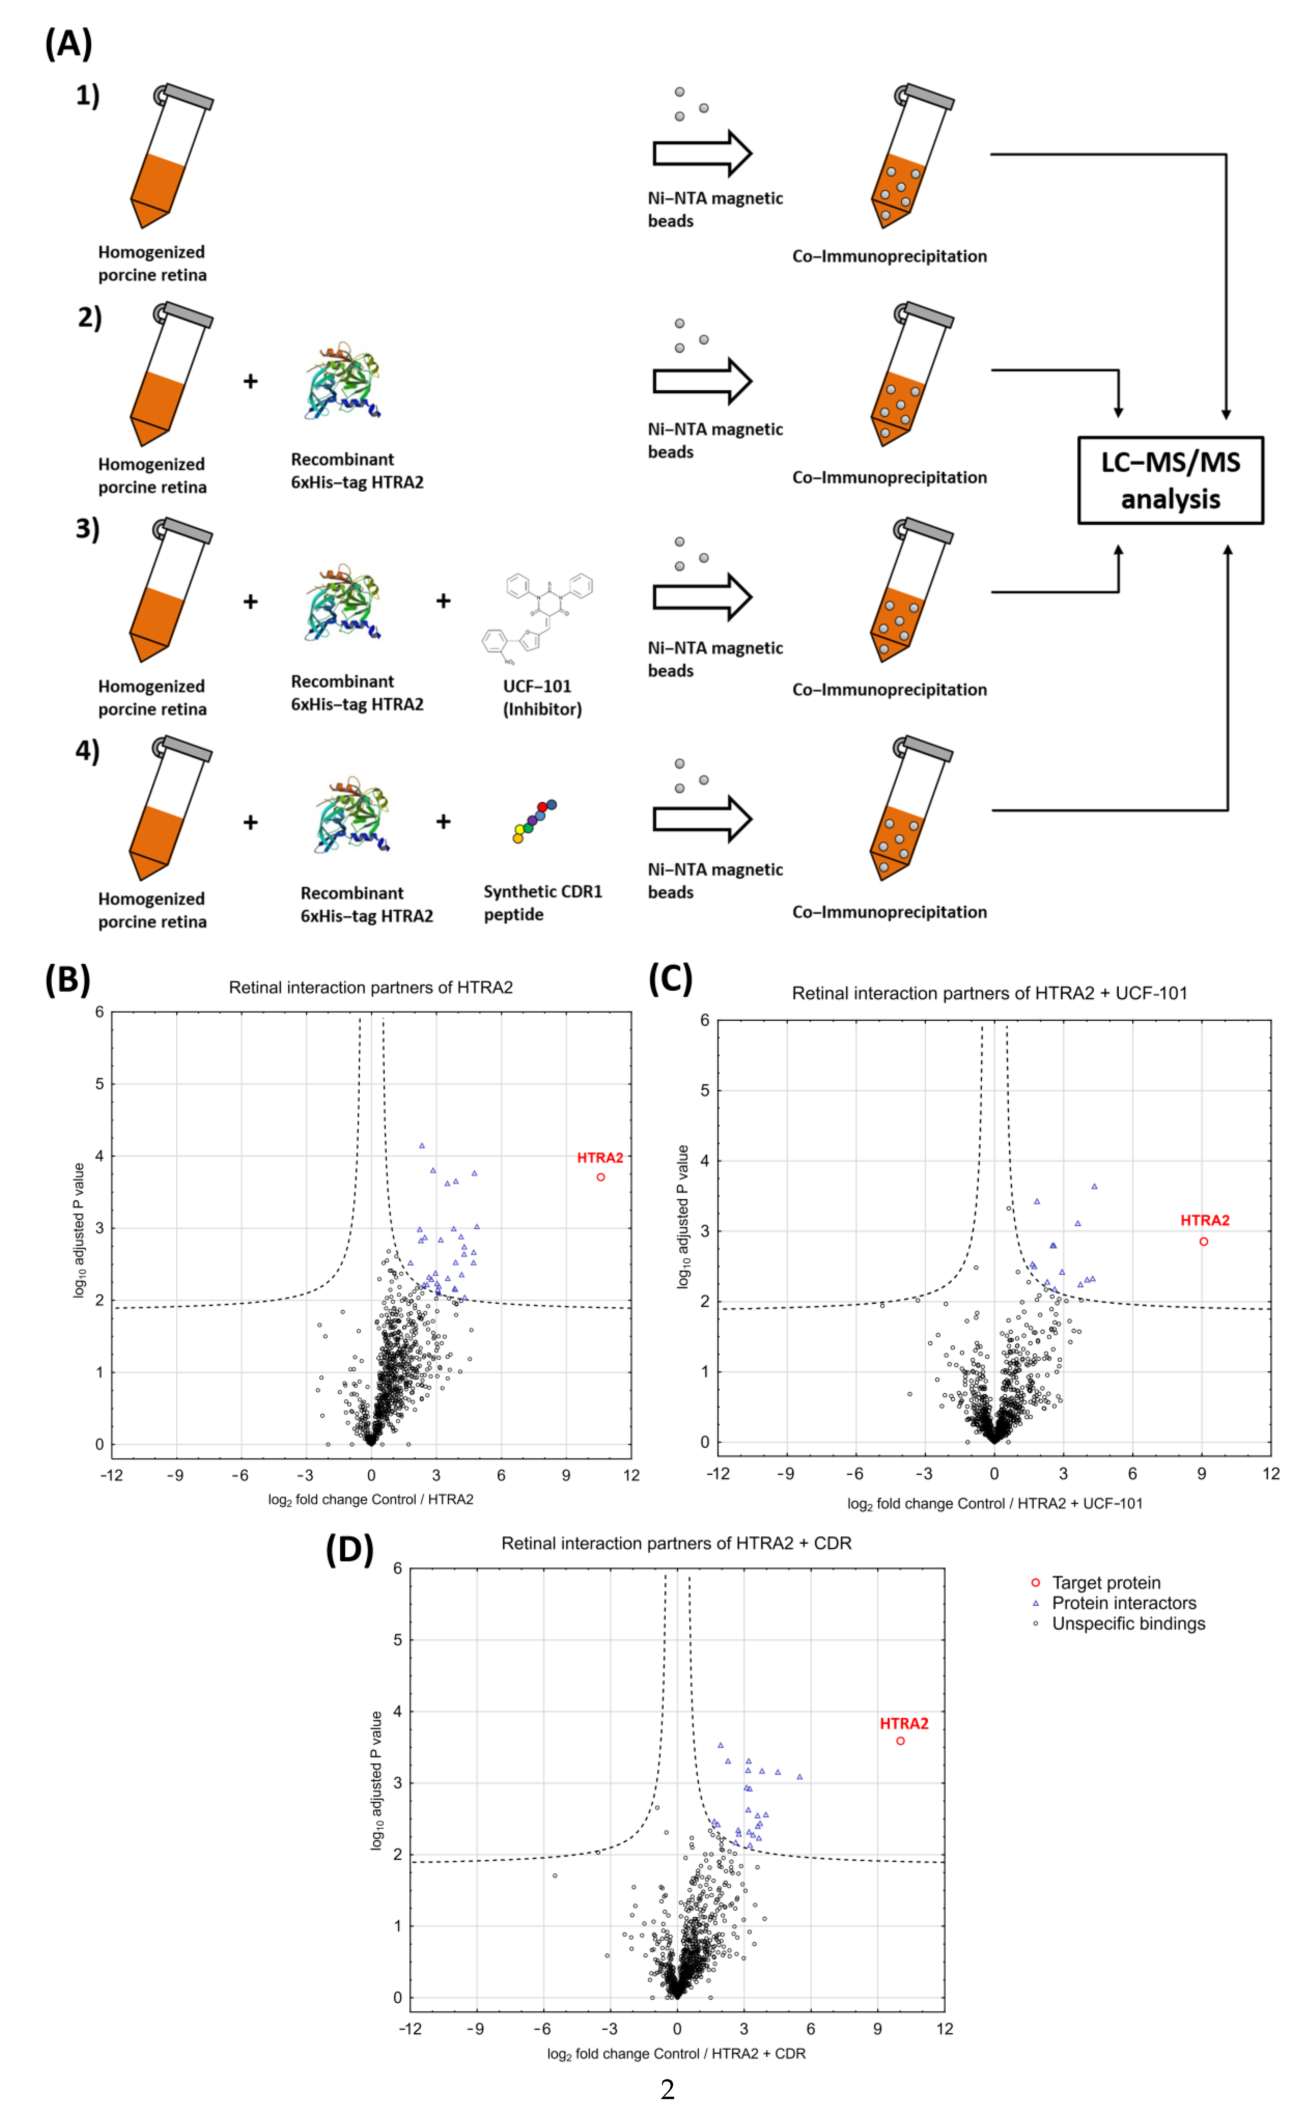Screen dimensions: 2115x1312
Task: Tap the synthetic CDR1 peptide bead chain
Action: pos(534,821)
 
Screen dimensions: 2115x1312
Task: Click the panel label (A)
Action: pos(68,44)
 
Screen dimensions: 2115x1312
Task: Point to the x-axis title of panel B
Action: pos(370,1499)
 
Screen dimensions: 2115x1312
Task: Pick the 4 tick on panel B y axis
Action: pos(100,1155)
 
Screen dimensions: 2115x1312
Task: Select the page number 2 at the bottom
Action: pos(667,2089)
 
